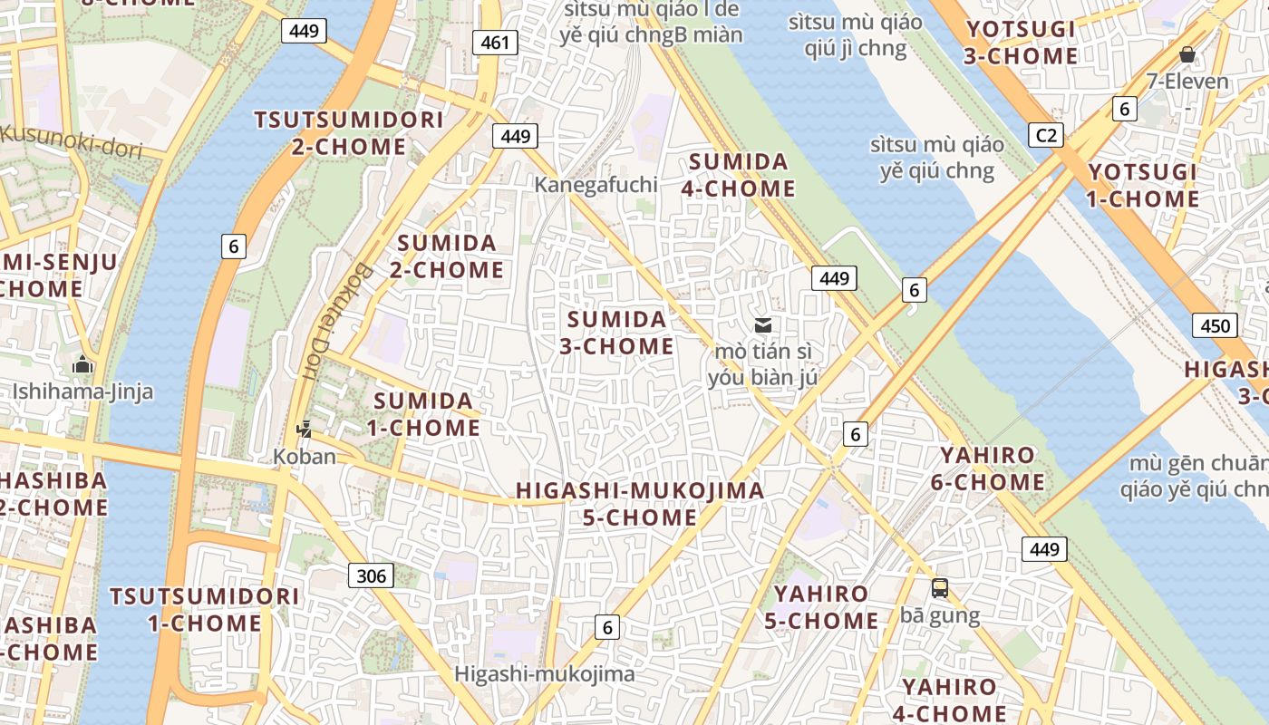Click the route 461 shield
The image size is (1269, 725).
(495, 42)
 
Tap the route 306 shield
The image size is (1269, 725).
(371, 575)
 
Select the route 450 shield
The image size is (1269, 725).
(1215, 326)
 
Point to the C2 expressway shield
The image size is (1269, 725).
(1046, 136)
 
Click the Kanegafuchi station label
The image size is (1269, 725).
(596, 184)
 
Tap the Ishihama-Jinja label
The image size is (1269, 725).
(82, 391)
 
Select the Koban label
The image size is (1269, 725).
(305, 456)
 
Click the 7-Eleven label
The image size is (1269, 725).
(1187, 82)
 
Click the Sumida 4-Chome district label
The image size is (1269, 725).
(741, 175)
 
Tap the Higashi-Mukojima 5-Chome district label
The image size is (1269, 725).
(640, 504)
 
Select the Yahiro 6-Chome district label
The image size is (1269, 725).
(987, 469)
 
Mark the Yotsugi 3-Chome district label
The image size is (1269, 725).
(1021, 43)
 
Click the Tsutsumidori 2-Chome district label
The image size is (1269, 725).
(349, 132)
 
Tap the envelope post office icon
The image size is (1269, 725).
(763, 324)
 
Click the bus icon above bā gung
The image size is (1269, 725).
(940, 588)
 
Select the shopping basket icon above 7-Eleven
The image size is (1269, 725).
(1187, 54)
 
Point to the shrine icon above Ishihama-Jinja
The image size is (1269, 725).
(83, 365)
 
